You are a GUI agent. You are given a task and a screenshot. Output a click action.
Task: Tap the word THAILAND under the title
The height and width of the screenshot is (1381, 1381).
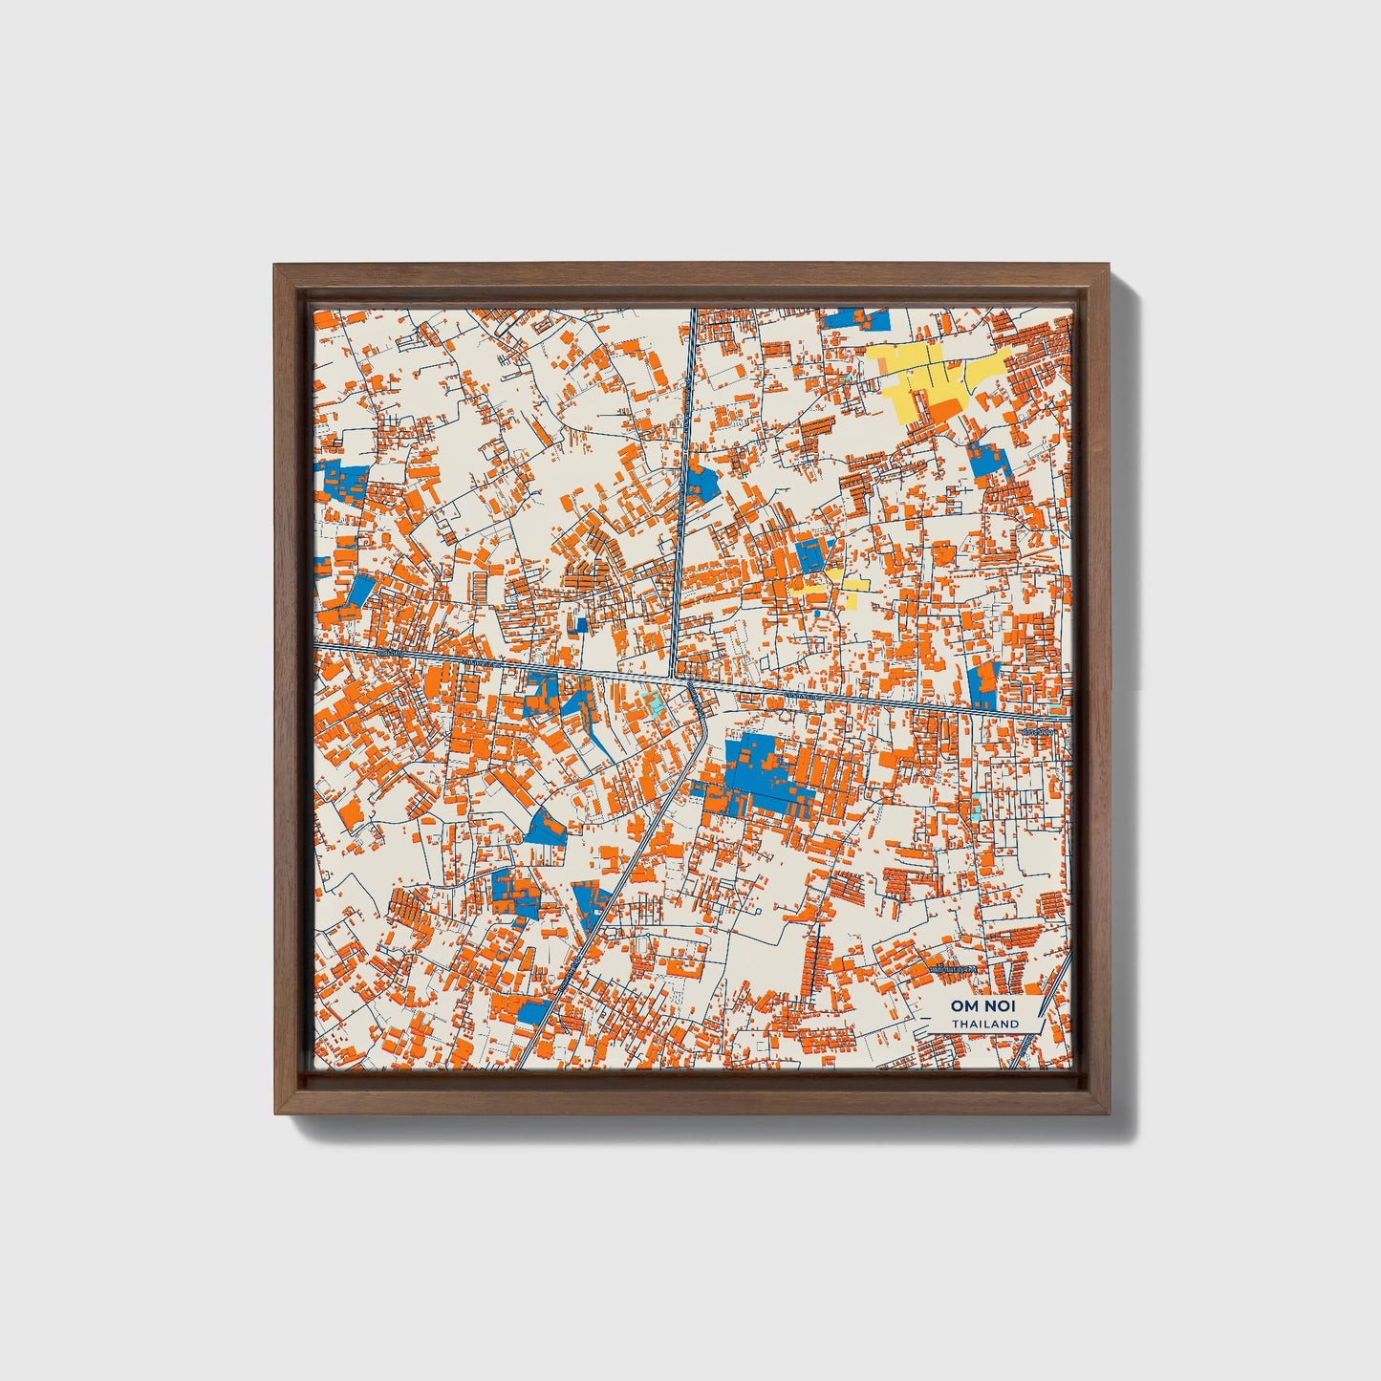click(x=983, y=1024)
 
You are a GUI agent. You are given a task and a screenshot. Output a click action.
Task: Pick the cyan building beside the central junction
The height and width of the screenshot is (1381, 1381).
click(x=655, y=706)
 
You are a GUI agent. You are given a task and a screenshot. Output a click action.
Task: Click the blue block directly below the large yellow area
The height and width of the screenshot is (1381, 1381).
click(x=984, y=461)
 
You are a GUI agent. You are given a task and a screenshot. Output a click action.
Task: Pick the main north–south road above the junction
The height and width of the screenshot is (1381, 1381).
click(x=685, y=478)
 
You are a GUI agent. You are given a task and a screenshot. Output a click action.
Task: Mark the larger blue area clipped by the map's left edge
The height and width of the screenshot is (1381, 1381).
click(x=344, y=481)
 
